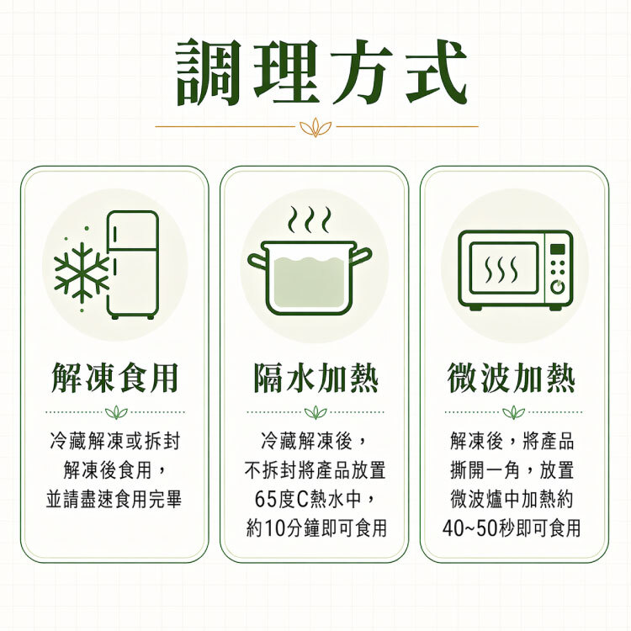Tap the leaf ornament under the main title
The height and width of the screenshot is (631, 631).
315,127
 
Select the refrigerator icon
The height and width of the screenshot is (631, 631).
132,264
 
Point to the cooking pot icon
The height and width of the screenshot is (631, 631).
309,277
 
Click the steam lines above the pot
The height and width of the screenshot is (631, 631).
309,220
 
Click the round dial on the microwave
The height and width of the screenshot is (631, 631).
556,286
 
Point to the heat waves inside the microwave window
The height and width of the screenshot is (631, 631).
502,268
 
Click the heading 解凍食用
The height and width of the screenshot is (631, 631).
115,379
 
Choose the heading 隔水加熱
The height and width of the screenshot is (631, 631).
315,379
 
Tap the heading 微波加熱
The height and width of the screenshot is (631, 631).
513,379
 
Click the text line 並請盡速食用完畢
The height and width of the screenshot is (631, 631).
114,498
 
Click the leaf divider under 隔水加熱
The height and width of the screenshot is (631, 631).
315,412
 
